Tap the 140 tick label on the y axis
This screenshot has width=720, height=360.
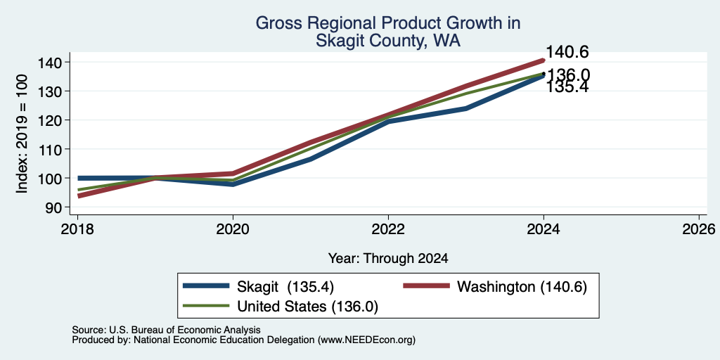(54, 62)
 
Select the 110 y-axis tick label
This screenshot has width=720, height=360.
(54, 149)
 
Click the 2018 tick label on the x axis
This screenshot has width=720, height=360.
(77, 229)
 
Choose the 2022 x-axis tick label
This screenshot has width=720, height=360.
(388, 229)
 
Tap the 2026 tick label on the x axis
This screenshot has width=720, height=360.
(699, 229)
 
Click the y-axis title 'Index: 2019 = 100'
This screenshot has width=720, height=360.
(22, 134)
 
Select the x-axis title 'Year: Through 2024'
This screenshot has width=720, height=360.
(388, 259)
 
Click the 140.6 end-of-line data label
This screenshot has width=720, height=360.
(567, 52)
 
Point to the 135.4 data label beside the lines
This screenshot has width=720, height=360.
(567, 87)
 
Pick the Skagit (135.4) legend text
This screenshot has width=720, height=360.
(285, 287)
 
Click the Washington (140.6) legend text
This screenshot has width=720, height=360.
(522, 287)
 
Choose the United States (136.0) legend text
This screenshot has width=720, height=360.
(308, 307)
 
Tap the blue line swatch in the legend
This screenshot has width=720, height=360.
(206, 285)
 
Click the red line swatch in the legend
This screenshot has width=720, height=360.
(427, 285)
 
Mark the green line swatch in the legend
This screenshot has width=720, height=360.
(206, 305)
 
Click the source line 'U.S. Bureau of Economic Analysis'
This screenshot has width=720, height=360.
(185, 330)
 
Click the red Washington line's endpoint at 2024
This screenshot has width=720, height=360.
(544, 60)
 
